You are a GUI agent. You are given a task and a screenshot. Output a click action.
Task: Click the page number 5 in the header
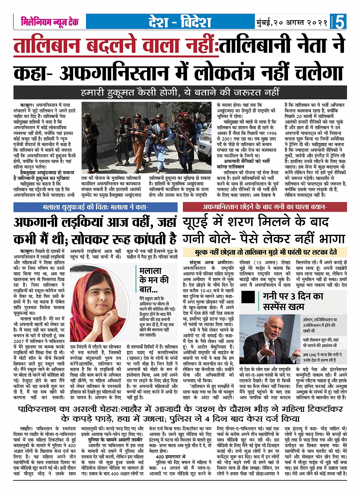point(339,22)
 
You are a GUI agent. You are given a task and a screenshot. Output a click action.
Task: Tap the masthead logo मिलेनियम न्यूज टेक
point(50,22)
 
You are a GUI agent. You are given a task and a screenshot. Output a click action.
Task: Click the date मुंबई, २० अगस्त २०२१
point(292,22)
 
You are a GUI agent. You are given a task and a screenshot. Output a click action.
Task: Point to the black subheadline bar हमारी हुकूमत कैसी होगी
point(180,92)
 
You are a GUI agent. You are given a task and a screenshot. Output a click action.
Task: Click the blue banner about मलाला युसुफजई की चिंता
point(95,207)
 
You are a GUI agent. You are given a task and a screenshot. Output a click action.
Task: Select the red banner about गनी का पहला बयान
point(264,207)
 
